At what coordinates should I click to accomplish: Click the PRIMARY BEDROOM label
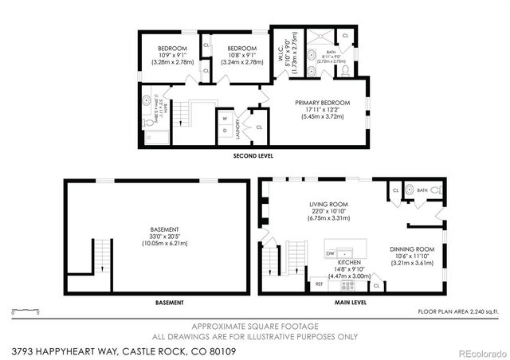coord(323,103)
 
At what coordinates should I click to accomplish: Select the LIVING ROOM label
coord(330,205)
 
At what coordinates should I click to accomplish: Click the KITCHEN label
coord(350,261)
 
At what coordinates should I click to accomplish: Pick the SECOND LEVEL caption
coord(253,156)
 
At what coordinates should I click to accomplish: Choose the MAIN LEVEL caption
coord(349,303)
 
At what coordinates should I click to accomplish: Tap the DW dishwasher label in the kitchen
coord(330,254)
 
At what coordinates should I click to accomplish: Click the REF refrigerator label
coord(319,284)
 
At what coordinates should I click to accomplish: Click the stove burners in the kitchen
coord(347,284)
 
